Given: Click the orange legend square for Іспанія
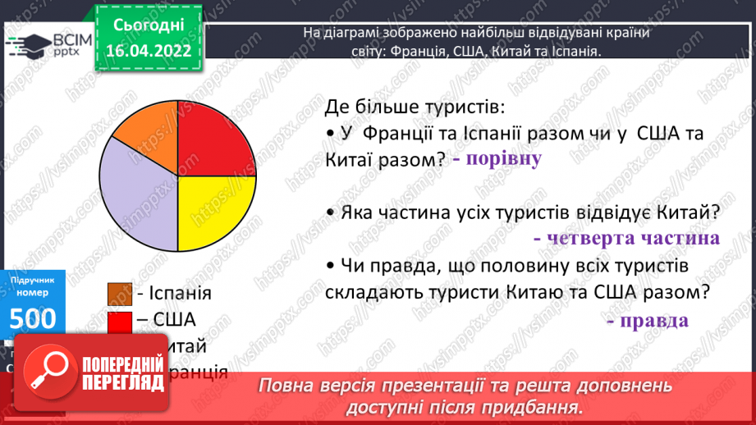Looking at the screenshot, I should click(x=120, y=293).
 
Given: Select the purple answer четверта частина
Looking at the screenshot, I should click(x=625, y=238).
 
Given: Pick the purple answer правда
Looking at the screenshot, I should click(x=648, y=319).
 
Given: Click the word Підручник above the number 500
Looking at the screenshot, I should click(x=33, y=281).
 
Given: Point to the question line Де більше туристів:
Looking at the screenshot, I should click(x=414, y=107).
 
